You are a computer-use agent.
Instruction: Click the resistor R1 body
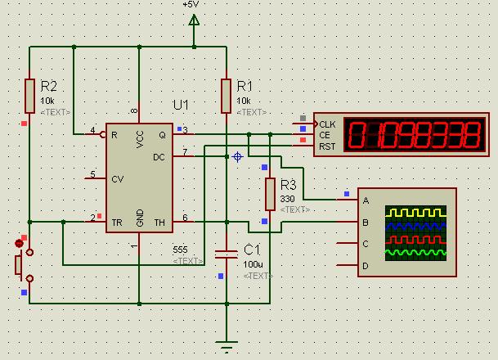tap(226, 95)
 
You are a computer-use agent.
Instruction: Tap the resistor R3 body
tap(270, 194)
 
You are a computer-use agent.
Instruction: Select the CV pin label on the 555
tap(118, 178)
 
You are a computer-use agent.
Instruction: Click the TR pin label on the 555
tap(116, 220)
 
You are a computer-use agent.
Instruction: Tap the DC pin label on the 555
tap(159, 156)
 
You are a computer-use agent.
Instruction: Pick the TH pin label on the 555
tap(159, 220)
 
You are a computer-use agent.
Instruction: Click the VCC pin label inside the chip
tap(140, 140)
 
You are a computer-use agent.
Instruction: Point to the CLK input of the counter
tap(327, 124)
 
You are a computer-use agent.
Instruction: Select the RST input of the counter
tap(327, 146)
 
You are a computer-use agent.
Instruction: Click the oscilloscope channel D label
tap(366, 266)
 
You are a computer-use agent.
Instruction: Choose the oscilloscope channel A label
tap(366, 200)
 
